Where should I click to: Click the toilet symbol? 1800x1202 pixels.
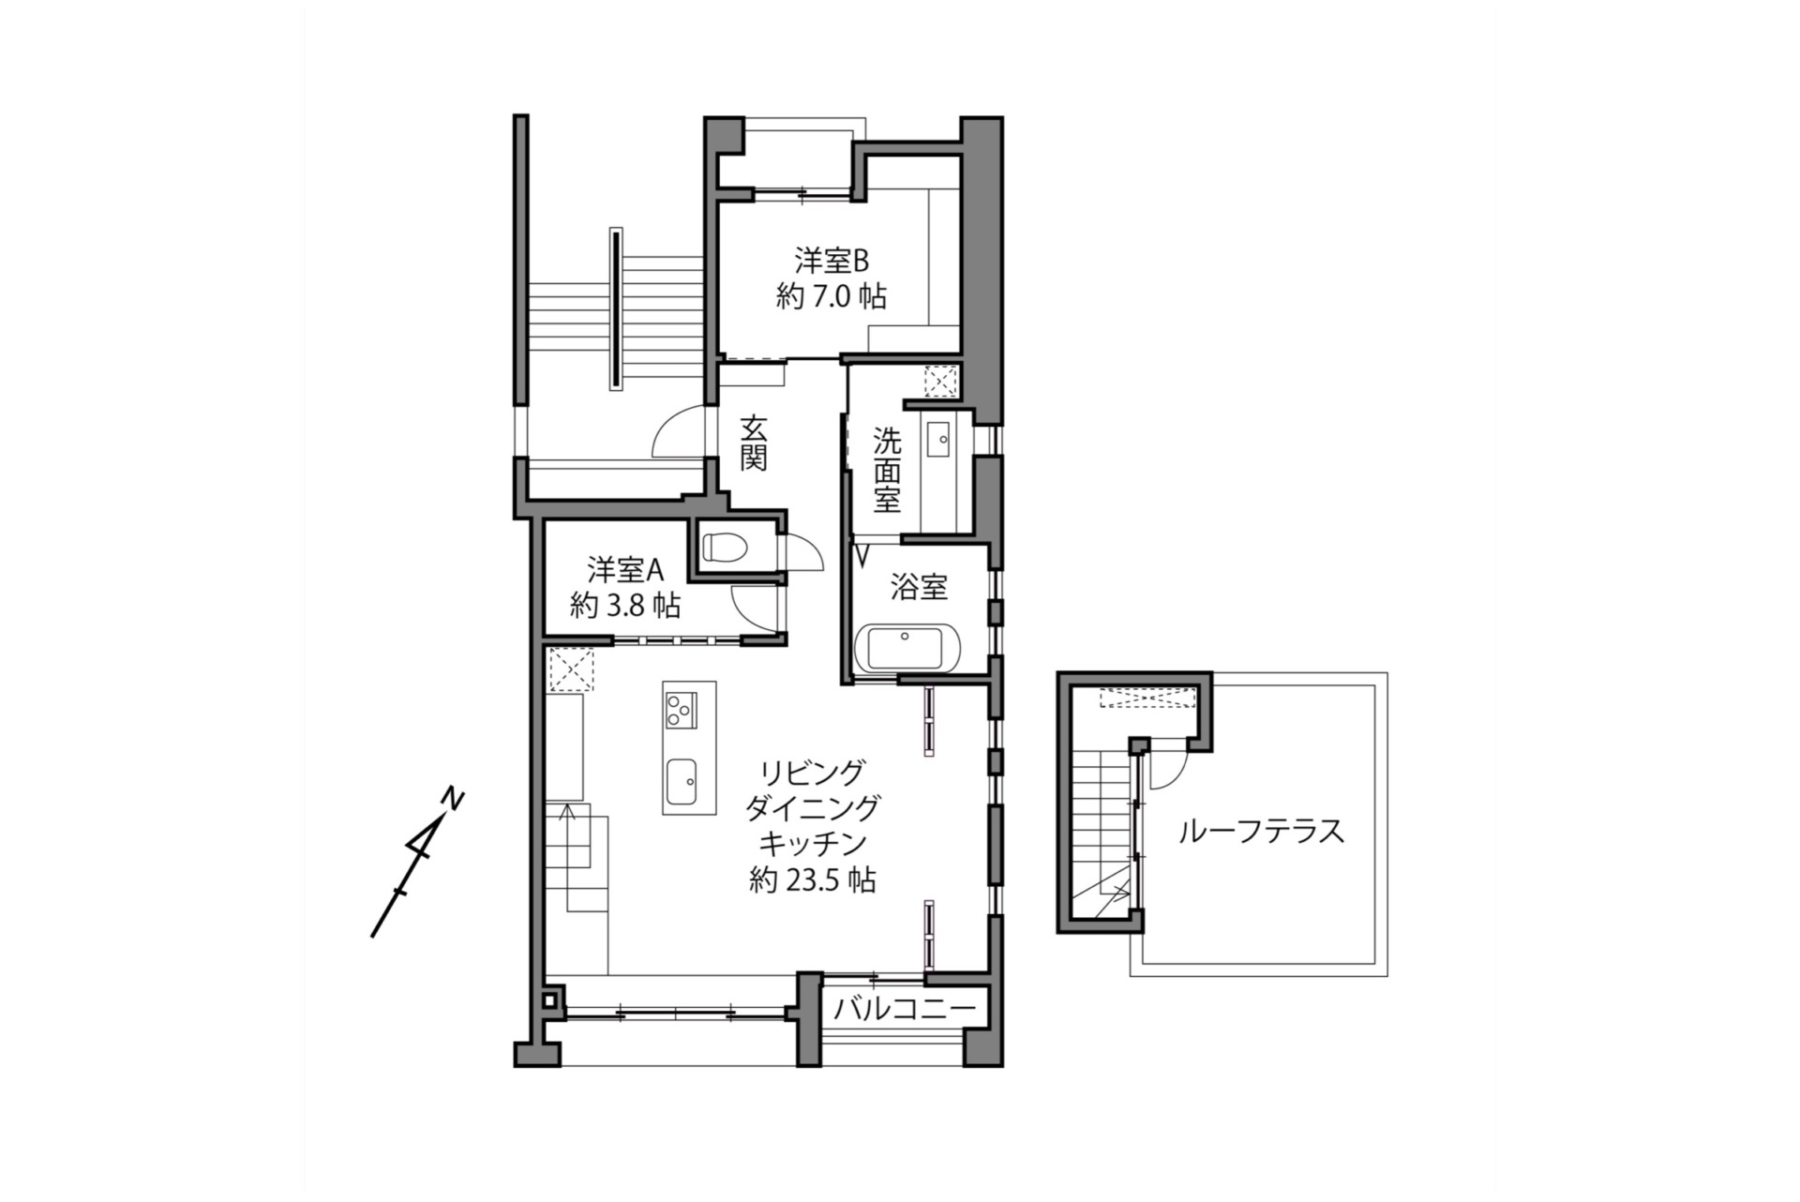723,546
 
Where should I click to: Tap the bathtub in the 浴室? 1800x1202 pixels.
905,648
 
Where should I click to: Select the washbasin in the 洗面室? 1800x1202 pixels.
937,437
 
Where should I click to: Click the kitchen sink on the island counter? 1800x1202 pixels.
682,777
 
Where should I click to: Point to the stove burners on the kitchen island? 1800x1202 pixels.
680,709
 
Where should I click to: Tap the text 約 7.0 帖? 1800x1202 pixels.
832,297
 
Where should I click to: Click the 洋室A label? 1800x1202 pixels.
625,569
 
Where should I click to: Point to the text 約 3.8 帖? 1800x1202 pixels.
625,606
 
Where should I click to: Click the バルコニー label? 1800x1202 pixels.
905,1009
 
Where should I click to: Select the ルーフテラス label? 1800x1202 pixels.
1261,831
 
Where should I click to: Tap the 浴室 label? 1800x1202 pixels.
919,588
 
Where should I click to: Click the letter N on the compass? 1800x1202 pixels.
454,800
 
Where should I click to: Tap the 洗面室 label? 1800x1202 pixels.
887,470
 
